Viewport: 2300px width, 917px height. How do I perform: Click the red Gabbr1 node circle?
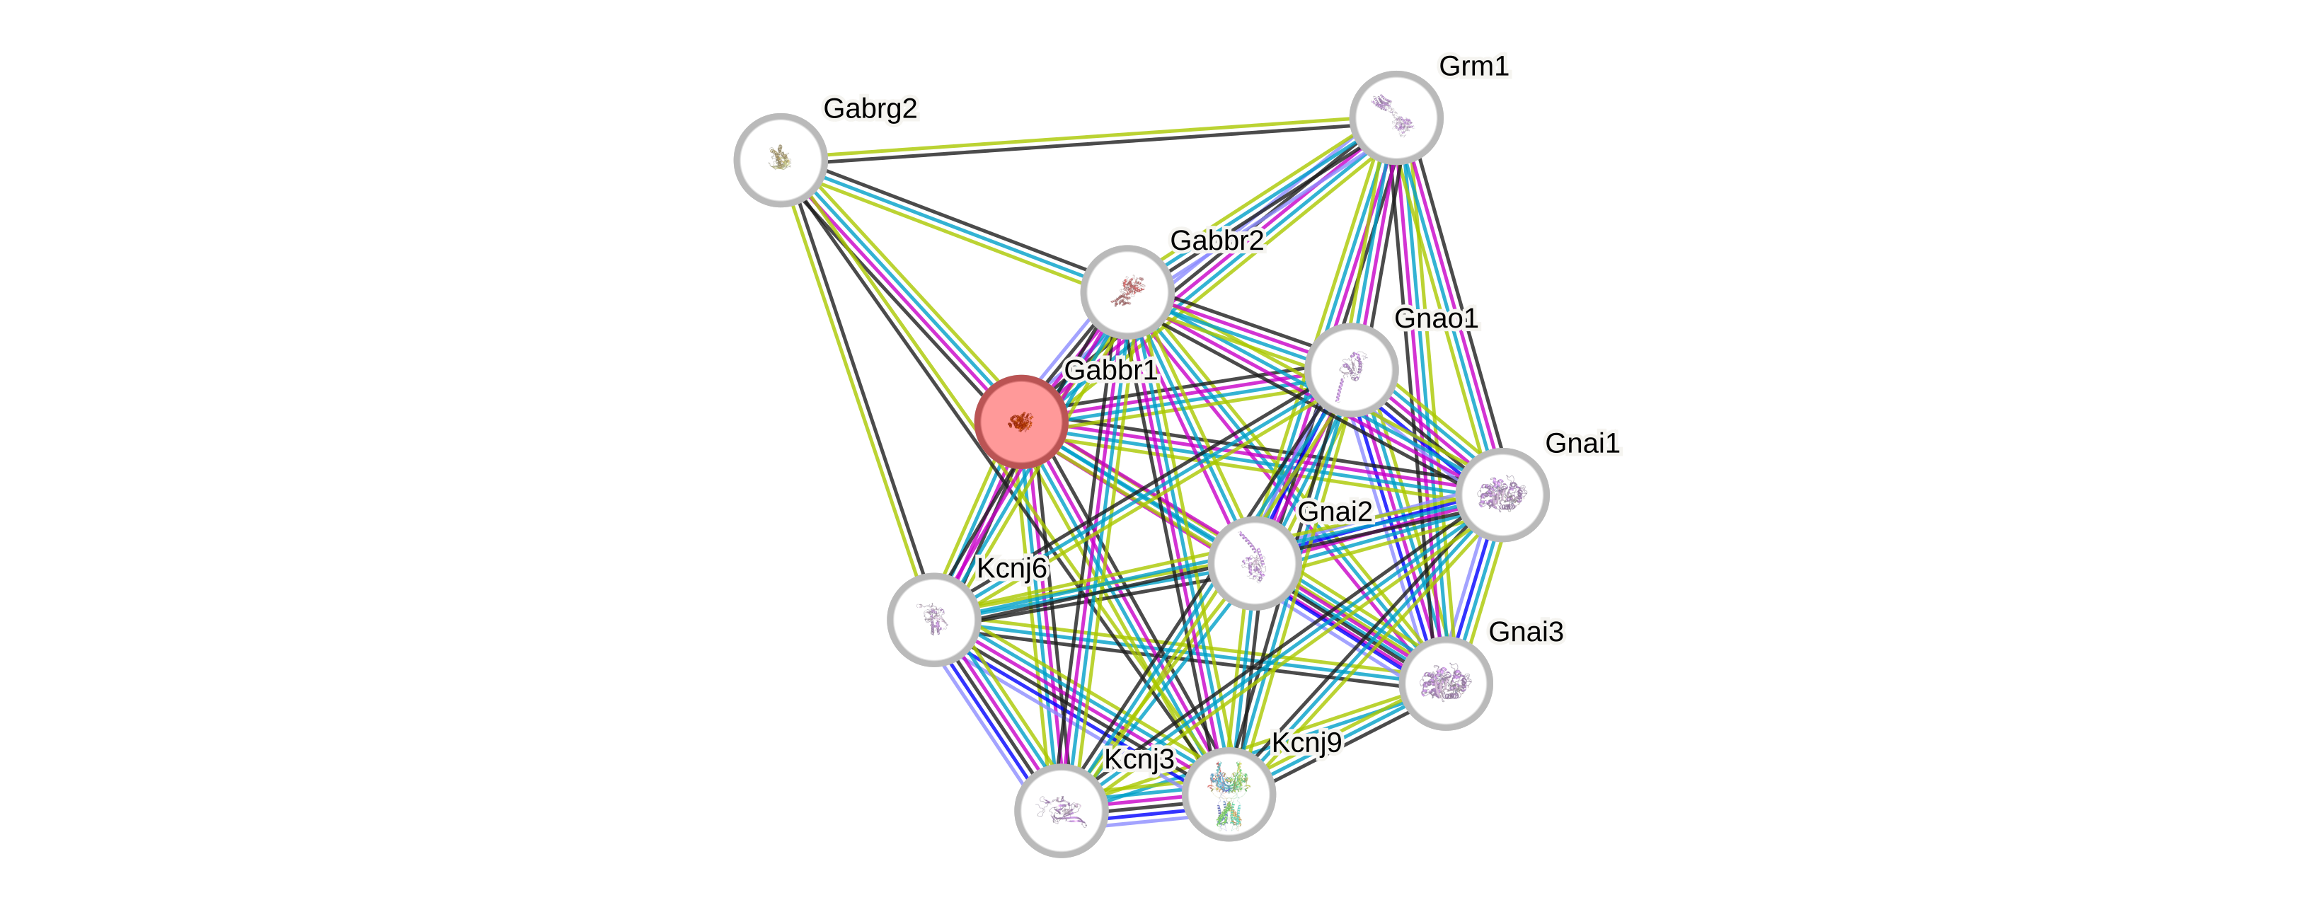[x=1020, y=422]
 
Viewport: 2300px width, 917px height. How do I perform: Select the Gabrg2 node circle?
[x=781, y=160]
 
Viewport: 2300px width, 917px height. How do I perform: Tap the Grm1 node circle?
[x=1396, y=117]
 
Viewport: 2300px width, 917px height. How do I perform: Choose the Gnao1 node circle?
[x=1351, y=369]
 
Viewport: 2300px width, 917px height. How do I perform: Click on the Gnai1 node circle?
[x=1502, y=495]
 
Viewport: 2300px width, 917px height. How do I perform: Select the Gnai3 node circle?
[x=1446, y=683]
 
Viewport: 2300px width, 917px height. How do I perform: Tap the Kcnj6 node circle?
[x=933, y=619]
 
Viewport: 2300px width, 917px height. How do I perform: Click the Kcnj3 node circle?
[x=1061, y=810]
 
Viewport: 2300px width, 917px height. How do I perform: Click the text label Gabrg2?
[x=870, y=109]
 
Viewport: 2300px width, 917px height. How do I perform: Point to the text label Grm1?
[x=1473, y=66]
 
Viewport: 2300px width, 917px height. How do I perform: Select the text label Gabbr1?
[x=1110, y=369]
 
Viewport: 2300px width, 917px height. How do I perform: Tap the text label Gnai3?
[x=1525, y=632]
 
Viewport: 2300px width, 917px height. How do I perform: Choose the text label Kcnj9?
[x=1306, y=743]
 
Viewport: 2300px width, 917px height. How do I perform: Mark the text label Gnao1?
[x=1436, y=318]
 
